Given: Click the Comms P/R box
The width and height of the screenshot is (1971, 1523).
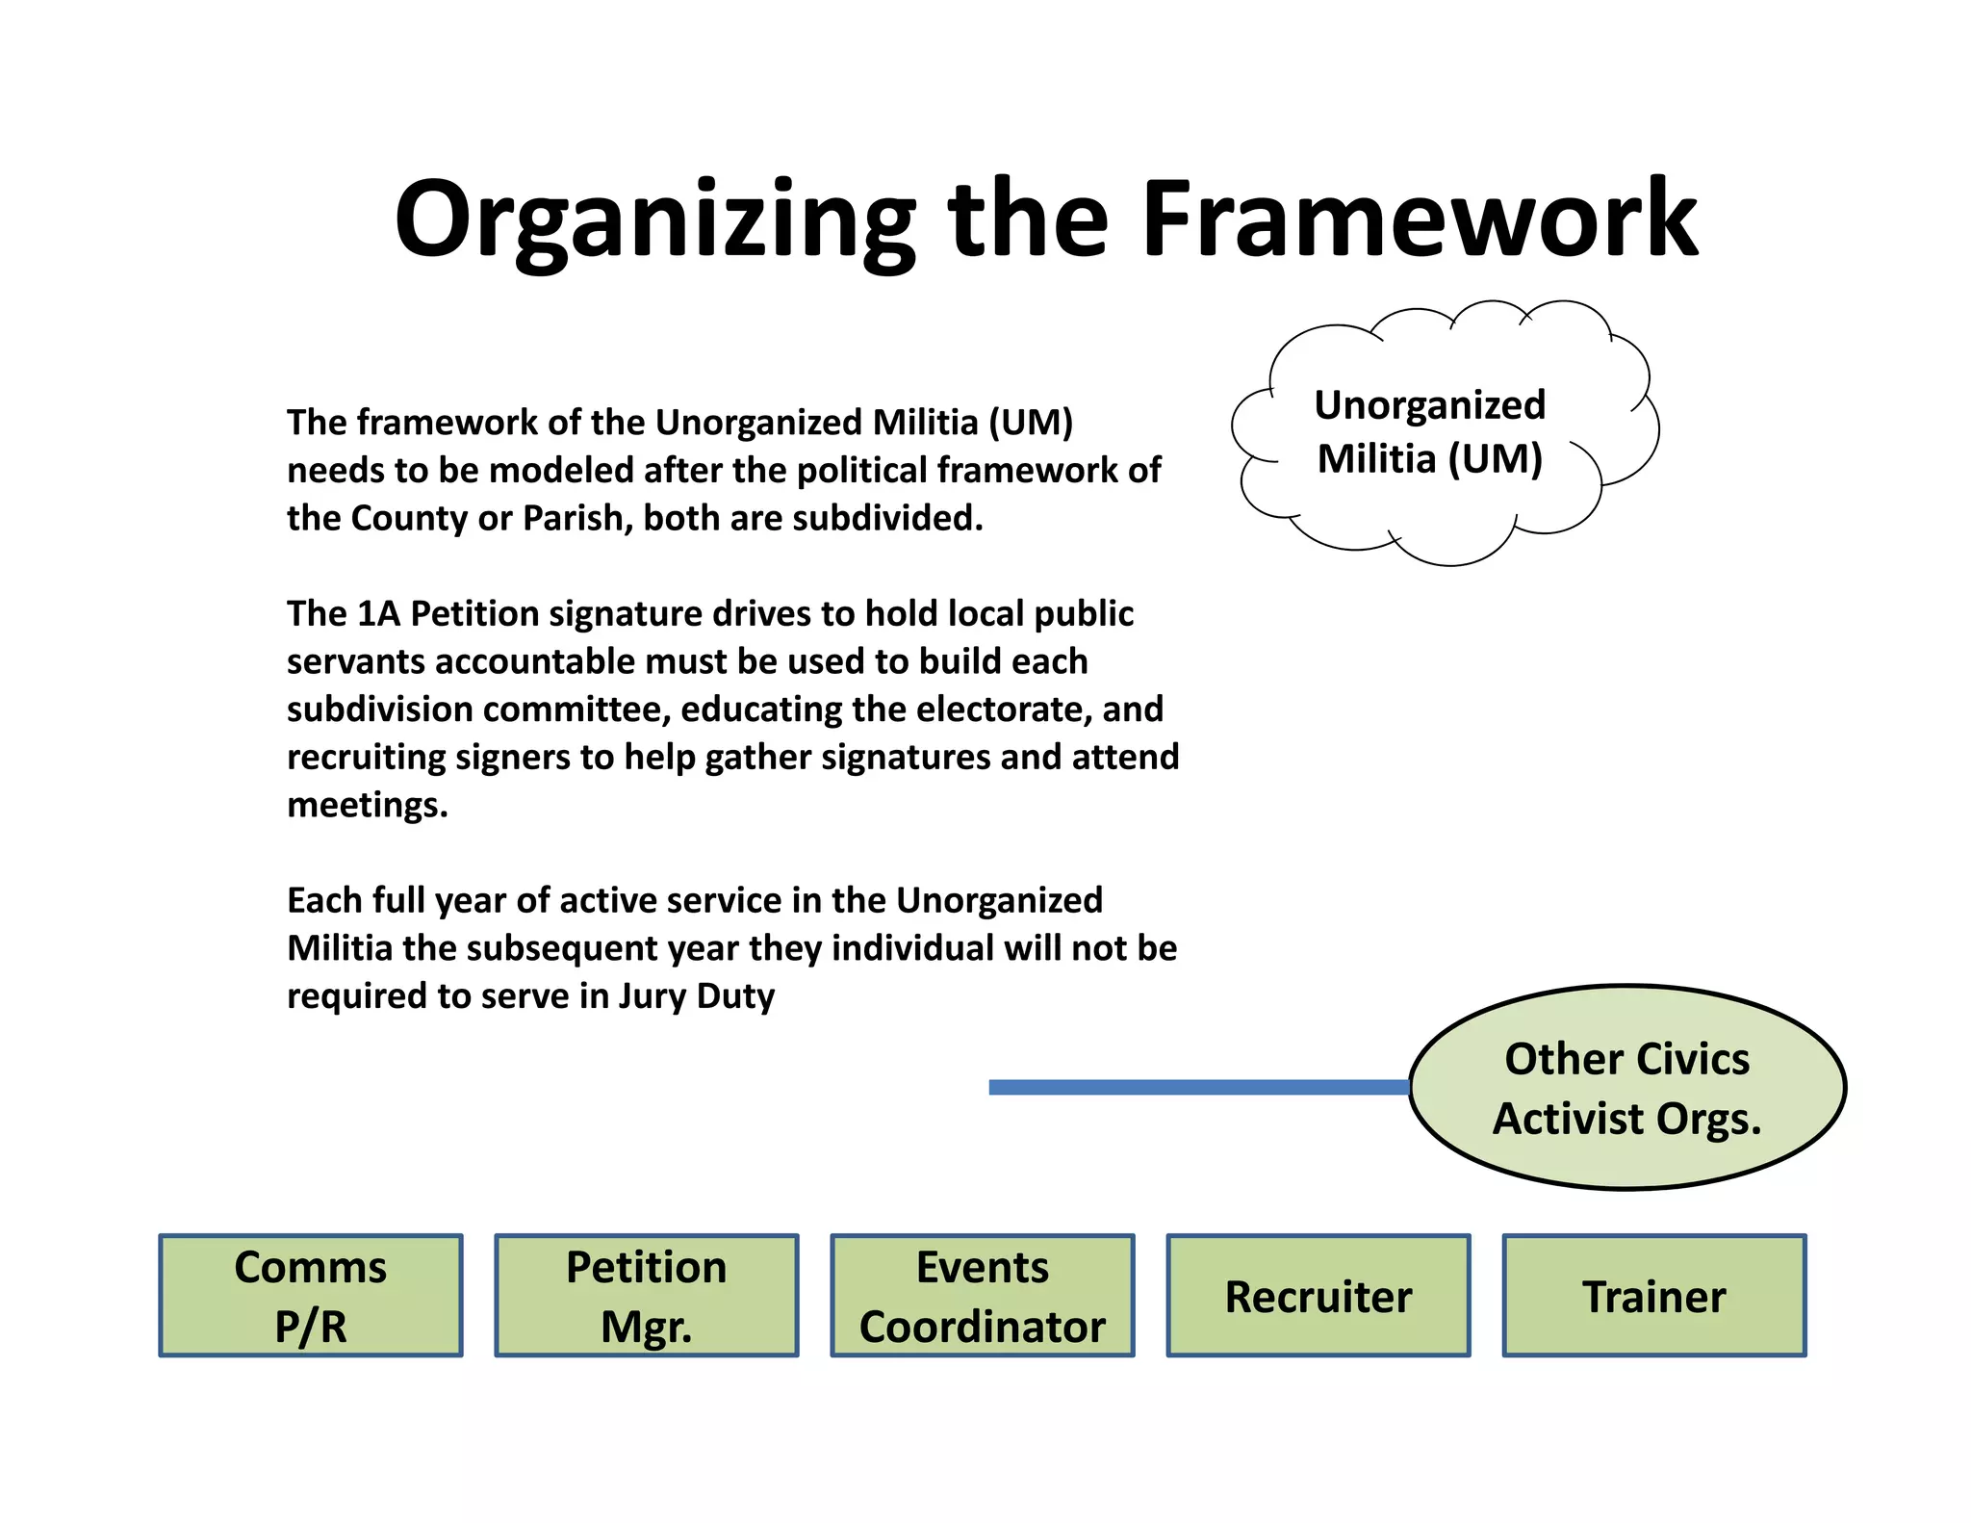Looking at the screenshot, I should point(310,1296).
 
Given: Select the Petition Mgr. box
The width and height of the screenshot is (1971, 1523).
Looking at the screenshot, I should point(646,1296).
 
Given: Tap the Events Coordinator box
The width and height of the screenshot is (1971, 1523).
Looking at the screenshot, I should point(982,1296).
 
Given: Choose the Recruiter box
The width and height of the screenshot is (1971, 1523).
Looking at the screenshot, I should point(1318,1296).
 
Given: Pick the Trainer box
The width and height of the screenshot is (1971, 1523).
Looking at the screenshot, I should point(1653,1296).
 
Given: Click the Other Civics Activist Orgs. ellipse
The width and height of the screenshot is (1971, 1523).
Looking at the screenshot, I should point(1626,1088).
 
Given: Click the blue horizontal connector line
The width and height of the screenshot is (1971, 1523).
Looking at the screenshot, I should point(1198,1087).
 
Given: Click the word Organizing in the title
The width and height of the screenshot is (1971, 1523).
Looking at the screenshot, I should point(654,221).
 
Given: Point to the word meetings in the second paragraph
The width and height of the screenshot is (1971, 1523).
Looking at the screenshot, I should point(368,805).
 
